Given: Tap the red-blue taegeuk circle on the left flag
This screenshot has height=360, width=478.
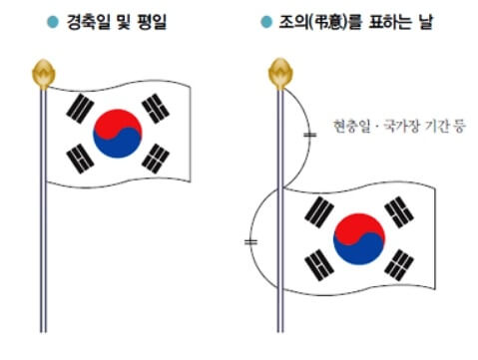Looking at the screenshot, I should click(118, 134).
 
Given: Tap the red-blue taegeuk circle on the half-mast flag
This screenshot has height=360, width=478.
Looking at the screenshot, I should click(359, 237).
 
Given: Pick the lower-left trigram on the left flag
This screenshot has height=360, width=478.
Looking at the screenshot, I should click(79, 157).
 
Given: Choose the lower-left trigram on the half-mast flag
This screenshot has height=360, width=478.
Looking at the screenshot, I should click(320, 262).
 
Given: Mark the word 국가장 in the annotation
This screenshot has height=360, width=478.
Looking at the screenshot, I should click(397, 127).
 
